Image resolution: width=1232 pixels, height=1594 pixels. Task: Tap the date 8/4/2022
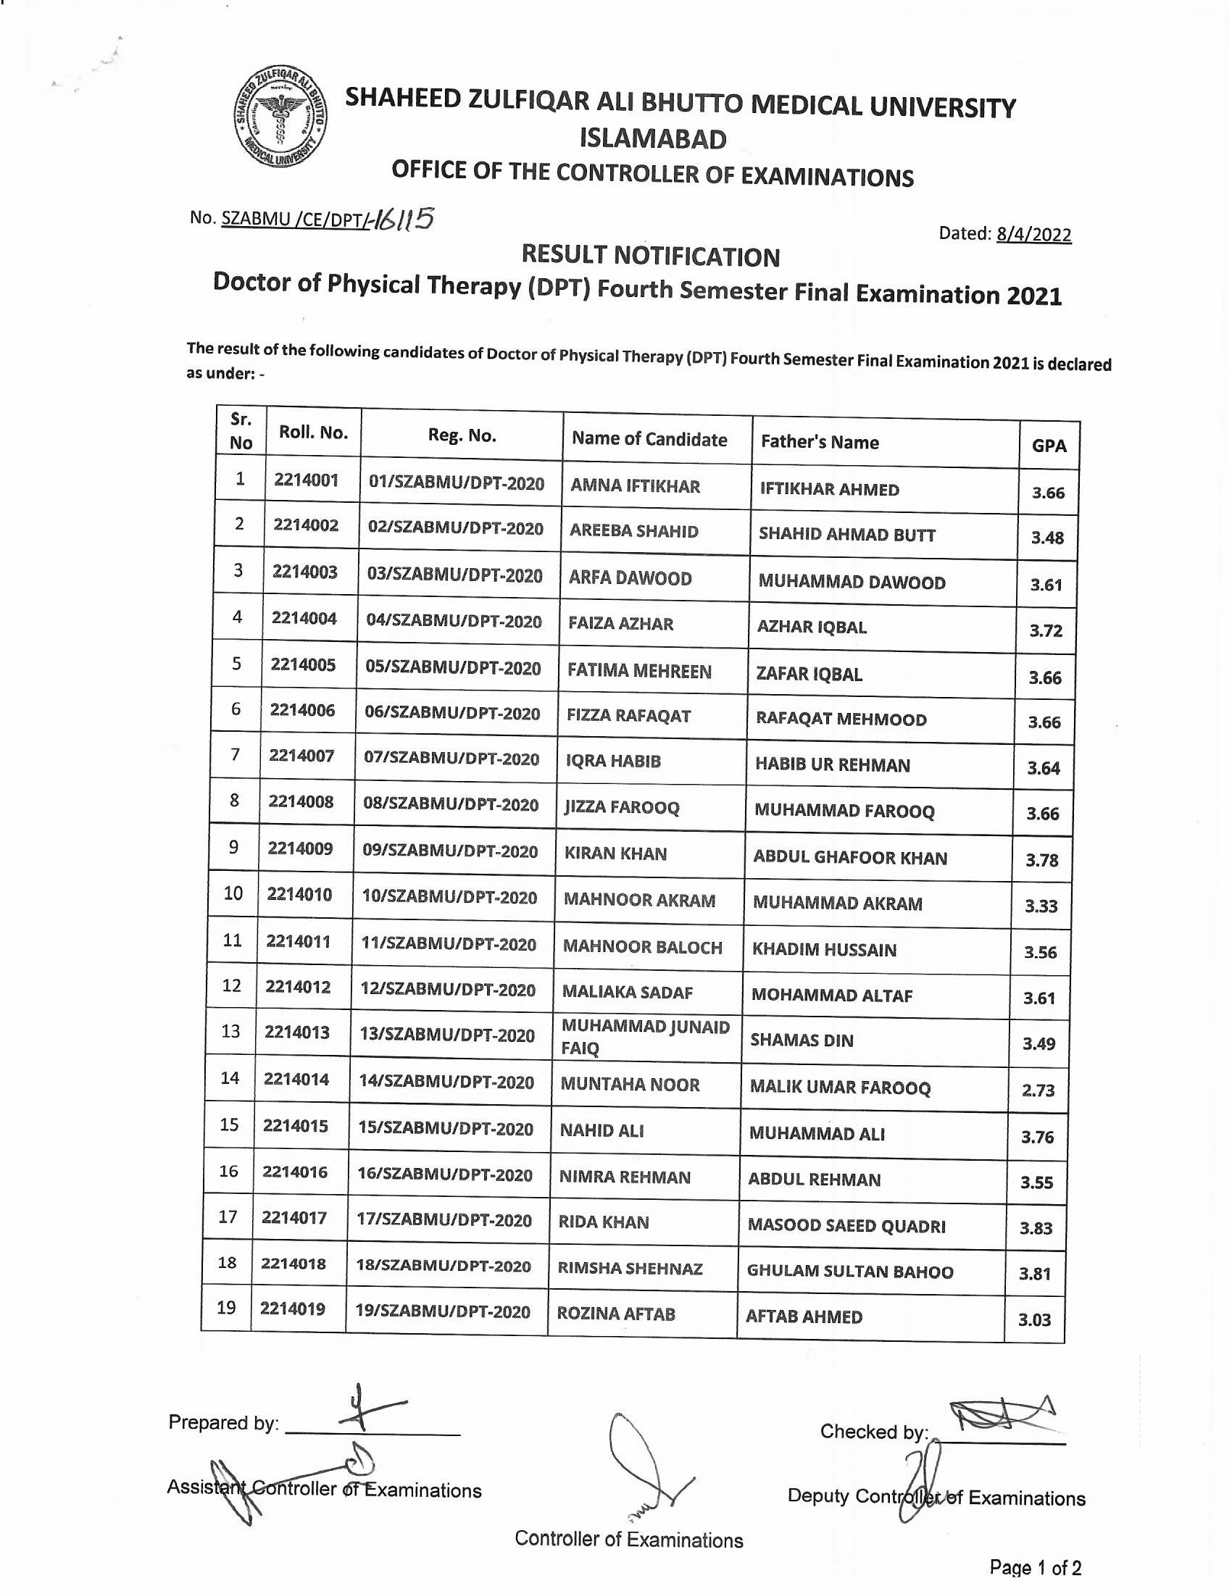1033,234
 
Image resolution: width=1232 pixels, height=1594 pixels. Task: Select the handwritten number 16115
402,218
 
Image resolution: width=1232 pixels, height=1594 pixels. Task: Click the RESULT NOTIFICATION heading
650,256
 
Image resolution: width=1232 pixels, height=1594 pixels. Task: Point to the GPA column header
1049,445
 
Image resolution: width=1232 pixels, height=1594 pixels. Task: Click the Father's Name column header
820,441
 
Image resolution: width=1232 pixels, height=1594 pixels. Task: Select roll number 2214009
300,848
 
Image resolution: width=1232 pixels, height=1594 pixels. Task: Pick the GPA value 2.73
1038,1090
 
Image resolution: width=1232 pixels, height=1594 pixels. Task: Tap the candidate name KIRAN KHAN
615,854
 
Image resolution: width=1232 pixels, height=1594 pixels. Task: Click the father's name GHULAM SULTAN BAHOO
849,1272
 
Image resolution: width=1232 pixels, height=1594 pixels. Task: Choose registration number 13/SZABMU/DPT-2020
446,1035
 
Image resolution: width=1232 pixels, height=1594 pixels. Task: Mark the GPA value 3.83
1036,1228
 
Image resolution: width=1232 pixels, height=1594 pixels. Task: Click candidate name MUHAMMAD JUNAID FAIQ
644,1037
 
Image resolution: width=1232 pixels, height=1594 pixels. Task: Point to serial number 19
226,1307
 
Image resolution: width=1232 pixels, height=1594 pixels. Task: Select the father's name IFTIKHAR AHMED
829,489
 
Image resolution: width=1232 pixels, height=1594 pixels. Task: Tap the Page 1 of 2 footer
1035,1567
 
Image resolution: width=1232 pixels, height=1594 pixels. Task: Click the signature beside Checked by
1000,1416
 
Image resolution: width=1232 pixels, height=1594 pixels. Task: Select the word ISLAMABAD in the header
653,138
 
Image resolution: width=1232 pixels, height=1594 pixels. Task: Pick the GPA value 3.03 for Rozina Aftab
1034,1319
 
